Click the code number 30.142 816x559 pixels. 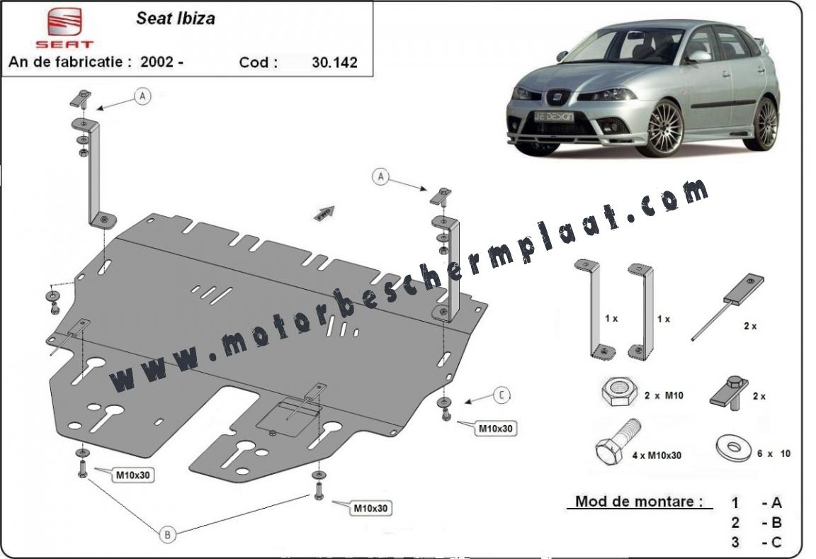point(334,62)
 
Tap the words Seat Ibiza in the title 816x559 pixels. point(176,18)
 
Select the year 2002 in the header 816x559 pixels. point(157,62)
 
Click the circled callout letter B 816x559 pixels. point(168,534)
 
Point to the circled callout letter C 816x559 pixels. point(501,395)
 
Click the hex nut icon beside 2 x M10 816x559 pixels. point(619,392)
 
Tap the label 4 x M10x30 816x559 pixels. point(657,456)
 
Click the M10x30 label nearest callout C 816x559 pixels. point(495,429)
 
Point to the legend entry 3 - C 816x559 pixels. point(756,542)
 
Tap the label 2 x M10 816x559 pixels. point(664,395)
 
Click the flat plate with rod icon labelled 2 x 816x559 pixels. point(728,306)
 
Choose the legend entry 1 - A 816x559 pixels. point(756,503)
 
